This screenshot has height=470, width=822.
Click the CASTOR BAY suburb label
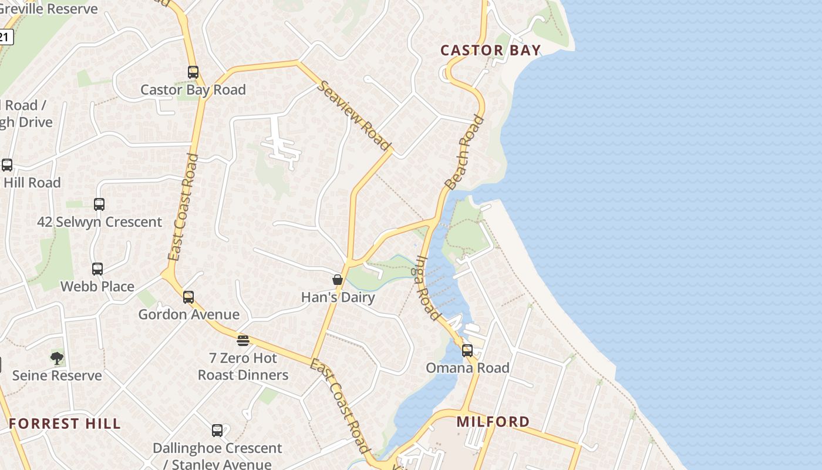[490, 50]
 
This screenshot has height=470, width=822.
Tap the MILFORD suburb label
[493, 421]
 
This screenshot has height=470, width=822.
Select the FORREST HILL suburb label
[65, 424]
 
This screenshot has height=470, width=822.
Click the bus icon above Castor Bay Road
[193, 72]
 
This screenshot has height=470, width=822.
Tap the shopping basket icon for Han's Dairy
[338, 280]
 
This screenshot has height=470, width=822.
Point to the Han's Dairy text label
[338, 297]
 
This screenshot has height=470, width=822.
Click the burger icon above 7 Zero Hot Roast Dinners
[243, 340]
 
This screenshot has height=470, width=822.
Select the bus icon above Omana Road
[467, 351]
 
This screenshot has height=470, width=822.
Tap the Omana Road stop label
[467, 368]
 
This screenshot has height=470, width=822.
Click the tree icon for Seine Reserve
[57, 358]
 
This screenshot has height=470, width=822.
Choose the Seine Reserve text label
[57, 375]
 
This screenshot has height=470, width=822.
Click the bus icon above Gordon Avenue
[188, 297]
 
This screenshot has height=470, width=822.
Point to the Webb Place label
[97, 287]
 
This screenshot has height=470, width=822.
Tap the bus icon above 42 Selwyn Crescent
[99, 204]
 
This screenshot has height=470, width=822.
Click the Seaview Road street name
[355, 115]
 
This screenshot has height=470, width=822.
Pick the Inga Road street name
[428, 287]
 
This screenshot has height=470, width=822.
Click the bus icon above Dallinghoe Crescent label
[217, 431]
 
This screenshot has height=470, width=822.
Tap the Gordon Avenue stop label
[188, 315]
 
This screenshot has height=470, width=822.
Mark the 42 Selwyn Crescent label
[99, 222]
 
